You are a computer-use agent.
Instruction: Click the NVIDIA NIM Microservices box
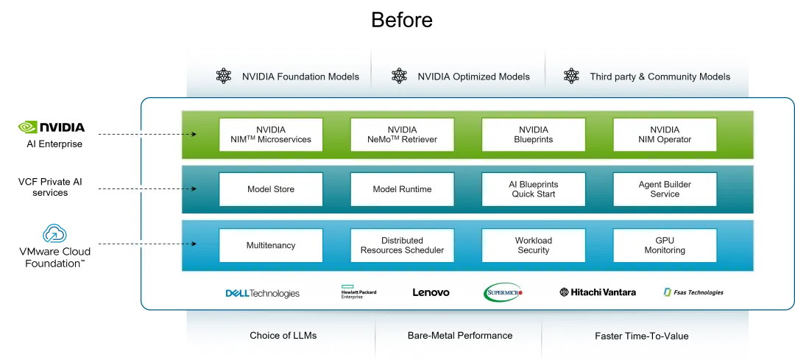coord(271,135)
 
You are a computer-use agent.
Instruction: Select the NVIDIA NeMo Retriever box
coord(402,135)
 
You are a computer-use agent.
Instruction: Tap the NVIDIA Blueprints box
coord(533,135)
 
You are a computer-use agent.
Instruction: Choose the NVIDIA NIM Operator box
coord(664,135)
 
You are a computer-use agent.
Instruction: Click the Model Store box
coord(271,189)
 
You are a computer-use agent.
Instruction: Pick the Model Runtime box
coord(402,189)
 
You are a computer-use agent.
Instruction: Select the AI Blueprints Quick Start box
coord(533,189)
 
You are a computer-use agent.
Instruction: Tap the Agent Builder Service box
coord(664,189)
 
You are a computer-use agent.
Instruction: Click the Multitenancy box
coord(271,245)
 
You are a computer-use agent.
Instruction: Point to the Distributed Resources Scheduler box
coord(402,245)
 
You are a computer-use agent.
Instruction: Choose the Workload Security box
coord(533,245)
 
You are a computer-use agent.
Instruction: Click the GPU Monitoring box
coord(664,245)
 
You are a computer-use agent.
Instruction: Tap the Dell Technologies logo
coord(263,293)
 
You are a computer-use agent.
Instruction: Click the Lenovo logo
coord(431,292)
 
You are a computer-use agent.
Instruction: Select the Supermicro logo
coord(504,293)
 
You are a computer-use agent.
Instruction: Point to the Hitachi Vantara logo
coord(598,292)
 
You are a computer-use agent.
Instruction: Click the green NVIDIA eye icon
coord(29,127)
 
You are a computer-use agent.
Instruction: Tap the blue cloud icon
coord(55,234)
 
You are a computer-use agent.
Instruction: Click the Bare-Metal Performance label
coord(459,336)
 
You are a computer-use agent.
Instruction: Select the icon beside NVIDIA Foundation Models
coord(224,76)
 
